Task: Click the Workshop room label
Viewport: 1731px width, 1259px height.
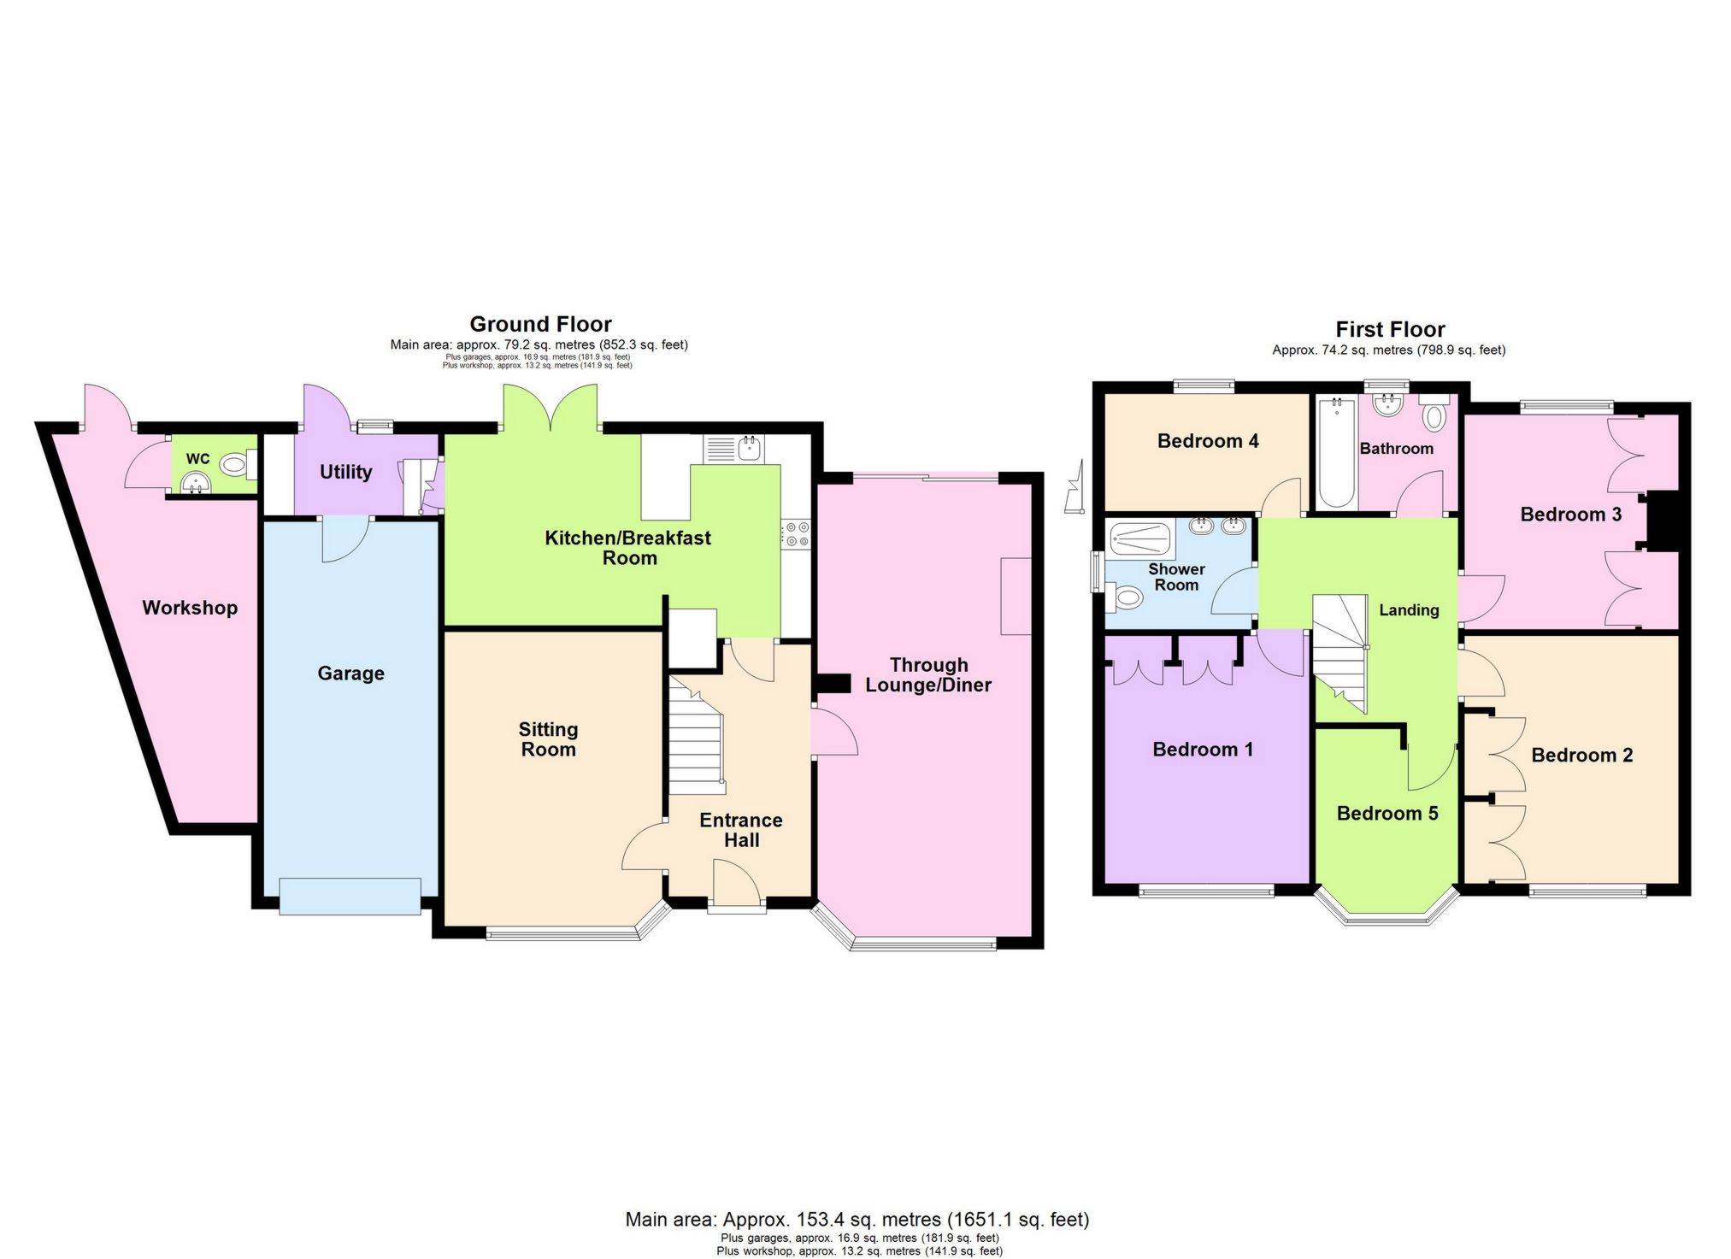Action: pyautogui.click(x=190, y=608)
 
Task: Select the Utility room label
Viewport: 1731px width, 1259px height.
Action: pyautogui.click(x=345, y=472)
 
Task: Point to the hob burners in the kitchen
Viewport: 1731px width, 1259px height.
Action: pyautogui.click(x=798, y=534)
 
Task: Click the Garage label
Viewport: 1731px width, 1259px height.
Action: pyautogui.click(x=350, y=674)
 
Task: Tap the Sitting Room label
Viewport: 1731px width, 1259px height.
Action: pyautogui.click(x=548, y=739)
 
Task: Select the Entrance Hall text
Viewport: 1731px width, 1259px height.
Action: pyautogui.click(x=741, y=830)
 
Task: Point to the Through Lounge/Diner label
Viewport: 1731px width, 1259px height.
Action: pyautogui.click(x=928, y=675)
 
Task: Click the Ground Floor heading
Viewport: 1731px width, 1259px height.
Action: pyautogui.click(x=540, y=324)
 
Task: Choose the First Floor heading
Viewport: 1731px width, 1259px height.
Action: pyautogui.click(x=1390, y=329)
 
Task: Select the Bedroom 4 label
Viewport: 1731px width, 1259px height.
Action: pyautogui.click(x=1207, y=441)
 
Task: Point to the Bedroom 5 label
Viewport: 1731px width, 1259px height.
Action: pyautogui.click(x=1387, y=814)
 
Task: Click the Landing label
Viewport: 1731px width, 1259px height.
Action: pyautogui.click(x=1409, y=610)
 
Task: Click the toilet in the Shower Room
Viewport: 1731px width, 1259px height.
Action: pyautogui.click(x=1126, y=597)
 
